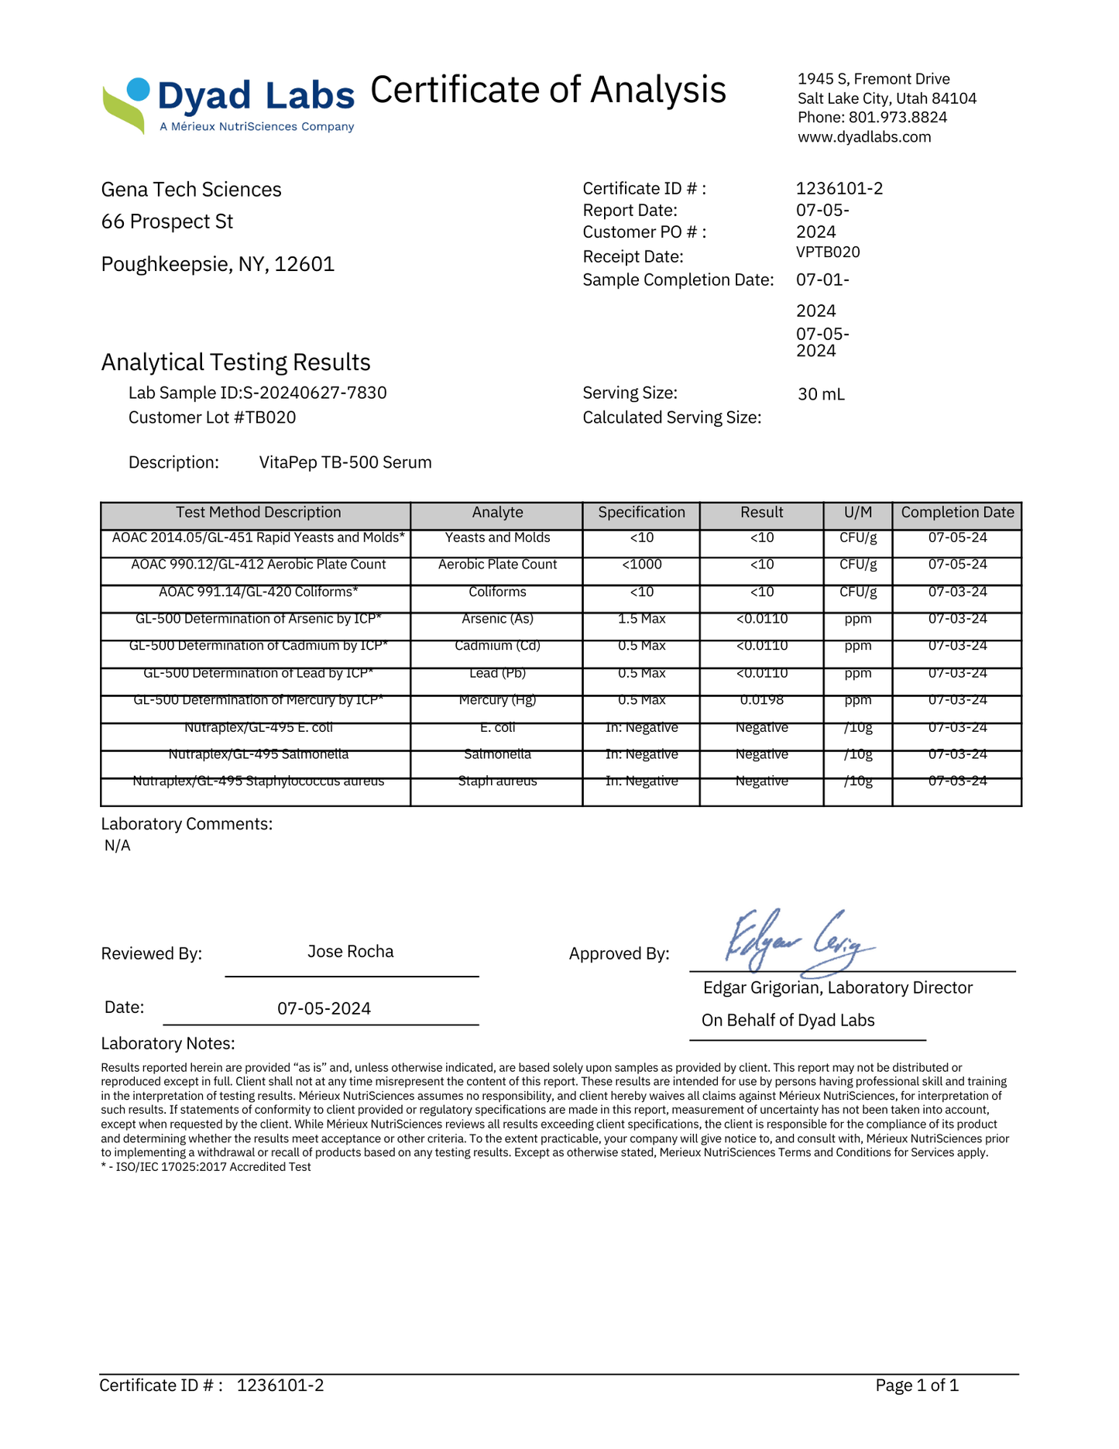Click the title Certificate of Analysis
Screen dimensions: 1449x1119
[548, 90]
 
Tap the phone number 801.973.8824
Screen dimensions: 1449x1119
[898, 118]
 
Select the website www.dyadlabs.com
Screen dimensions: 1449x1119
[864, 137]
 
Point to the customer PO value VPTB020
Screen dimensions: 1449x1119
[828, 252]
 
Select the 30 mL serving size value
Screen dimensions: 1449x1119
[821, 394]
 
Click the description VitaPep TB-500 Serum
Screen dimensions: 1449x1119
[345, 463]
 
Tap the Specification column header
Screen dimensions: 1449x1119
[641, 513]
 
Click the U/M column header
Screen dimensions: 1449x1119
[857, 513]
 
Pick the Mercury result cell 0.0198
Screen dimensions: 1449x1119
[761, 700]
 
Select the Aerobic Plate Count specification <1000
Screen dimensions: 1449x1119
[641, 565]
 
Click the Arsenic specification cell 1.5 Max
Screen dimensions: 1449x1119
[641, 619]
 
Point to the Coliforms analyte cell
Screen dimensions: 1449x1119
[497, 592]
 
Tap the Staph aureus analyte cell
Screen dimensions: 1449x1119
[497, 781]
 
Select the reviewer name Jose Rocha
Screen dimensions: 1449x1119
[350, 952]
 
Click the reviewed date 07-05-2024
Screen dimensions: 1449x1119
[324, 1008]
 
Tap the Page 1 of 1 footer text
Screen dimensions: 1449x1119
[917, 1385]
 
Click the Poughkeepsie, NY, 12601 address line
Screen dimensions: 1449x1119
[218, 264]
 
